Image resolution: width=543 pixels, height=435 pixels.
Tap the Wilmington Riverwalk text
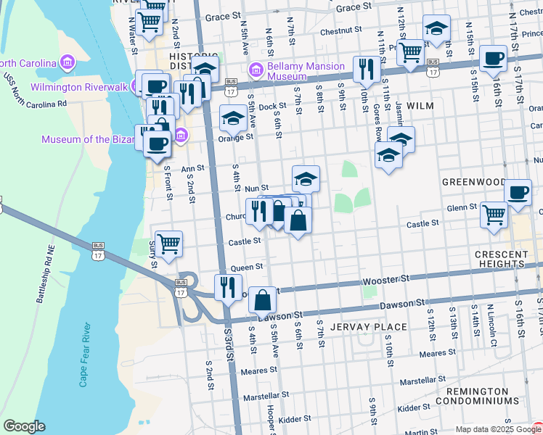(78, 88)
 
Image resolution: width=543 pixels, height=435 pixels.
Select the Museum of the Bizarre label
(87, 139)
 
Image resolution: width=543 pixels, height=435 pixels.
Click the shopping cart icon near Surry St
(168, 244)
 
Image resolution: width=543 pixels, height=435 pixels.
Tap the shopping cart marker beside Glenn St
(494, 215)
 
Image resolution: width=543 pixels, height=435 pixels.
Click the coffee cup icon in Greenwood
(518, 193)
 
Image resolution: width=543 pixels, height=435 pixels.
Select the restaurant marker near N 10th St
(365, 70)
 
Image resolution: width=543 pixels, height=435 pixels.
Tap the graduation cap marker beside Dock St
(233, 117)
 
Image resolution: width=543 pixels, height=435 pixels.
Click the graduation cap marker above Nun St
(306, 178)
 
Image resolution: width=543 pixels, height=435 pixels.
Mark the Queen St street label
(246, 268)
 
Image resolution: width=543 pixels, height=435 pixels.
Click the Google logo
(25, 426)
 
